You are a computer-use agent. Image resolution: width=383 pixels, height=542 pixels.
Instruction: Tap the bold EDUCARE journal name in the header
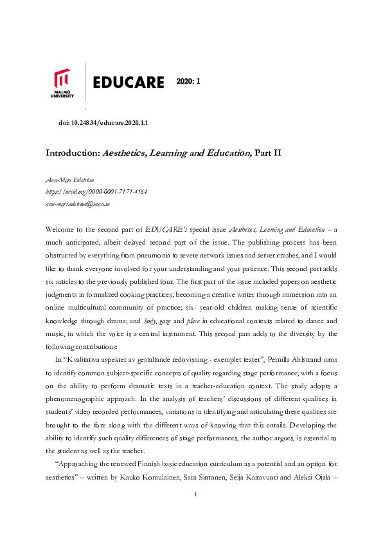(128, 82)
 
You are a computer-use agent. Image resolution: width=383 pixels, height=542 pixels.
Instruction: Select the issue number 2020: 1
(189, 81)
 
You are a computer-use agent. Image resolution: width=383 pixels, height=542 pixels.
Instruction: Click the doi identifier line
(103, 122)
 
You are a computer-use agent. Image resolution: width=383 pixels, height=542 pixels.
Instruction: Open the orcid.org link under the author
(96, 192)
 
